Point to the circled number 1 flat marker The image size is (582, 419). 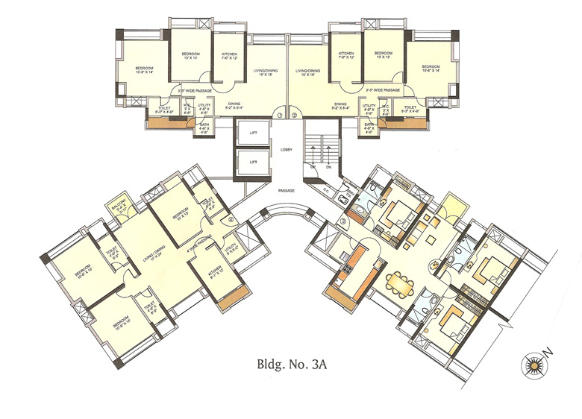pos(278,116)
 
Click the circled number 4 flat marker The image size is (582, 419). pos(231,218)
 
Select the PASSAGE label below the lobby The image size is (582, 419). pos(287,191)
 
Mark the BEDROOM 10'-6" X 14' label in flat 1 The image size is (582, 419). pos(144,71)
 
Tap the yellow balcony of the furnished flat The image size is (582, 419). pos(451,204)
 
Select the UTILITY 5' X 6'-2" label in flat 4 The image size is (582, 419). pos(230,246)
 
